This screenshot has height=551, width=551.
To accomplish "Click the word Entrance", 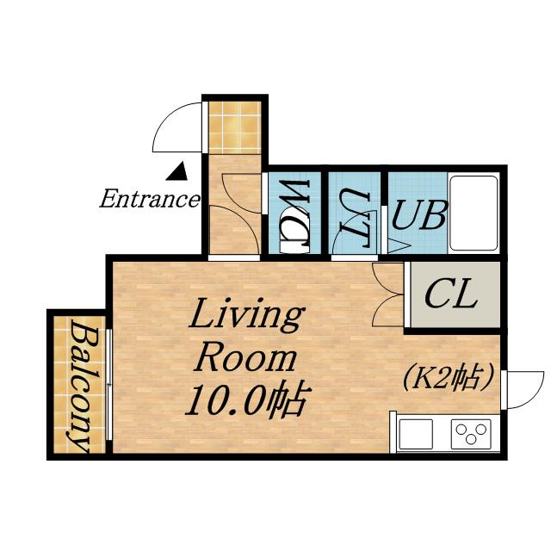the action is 150,199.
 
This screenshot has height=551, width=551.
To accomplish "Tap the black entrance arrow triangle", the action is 177,171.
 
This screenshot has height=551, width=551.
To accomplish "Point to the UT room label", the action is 356,217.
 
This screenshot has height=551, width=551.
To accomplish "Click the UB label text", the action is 419,215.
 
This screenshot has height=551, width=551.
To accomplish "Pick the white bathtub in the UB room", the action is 474,213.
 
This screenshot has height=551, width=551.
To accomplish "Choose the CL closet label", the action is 451,295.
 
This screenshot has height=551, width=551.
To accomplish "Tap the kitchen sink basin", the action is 416,434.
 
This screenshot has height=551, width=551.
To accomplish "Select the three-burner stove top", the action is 471,434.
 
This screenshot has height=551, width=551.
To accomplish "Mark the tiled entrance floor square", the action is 235,127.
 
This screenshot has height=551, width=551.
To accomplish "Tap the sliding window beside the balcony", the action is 108,385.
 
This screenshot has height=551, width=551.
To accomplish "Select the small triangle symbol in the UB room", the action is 398,245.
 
